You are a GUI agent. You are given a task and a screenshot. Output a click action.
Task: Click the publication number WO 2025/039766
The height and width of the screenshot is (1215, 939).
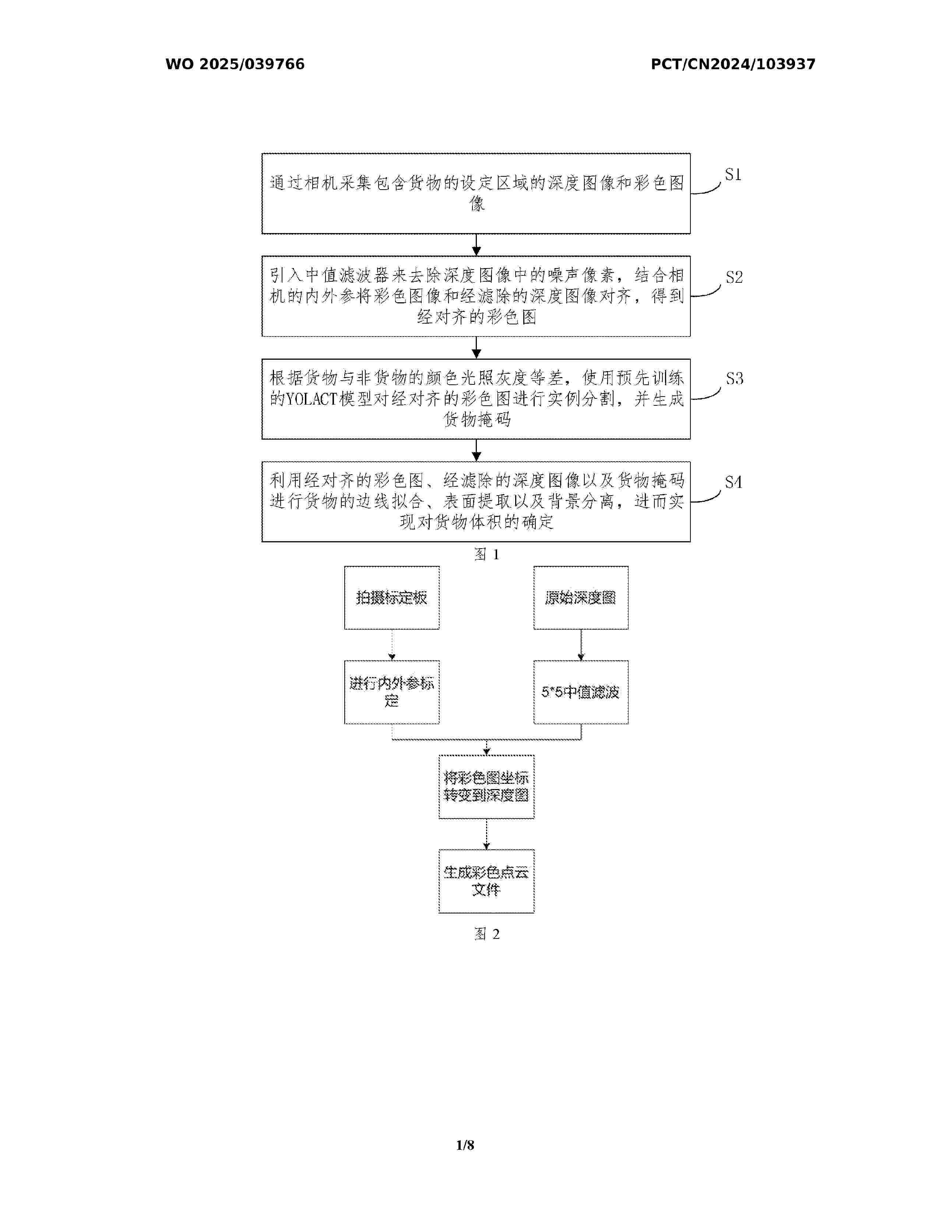[235, 64]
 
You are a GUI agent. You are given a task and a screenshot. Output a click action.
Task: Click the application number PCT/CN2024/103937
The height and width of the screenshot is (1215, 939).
[733, 64]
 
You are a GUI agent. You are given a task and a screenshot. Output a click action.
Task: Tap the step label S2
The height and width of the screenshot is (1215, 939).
[734, 277]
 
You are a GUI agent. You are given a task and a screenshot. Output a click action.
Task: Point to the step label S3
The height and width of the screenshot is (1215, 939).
[734, 379]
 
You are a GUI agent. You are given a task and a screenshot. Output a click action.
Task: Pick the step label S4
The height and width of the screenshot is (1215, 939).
[733, 482]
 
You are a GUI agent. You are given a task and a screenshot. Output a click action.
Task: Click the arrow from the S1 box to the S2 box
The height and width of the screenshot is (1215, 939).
[476, 245]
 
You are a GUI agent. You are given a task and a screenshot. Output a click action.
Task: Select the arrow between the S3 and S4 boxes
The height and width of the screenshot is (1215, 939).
[476, 450]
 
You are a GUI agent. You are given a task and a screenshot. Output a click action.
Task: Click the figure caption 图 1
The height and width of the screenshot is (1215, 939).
[487, 554]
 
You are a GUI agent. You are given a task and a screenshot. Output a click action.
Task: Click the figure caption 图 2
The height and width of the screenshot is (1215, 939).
[487, 934]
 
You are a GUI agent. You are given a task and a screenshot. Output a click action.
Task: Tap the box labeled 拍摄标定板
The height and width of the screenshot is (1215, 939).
[392, 598]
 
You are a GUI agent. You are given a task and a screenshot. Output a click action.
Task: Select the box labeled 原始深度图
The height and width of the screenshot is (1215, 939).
[581, 598]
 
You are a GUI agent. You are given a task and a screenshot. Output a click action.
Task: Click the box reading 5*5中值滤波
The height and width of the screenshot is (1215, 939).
[581, 692]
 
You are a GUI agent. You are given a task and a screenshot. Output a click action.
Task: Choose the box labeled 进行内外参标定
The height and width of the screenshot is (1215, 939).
[392, 692]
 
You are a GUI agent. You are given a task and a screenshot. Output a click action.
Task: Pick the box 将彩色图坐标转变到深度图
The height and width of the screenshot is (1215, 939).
[486, 787]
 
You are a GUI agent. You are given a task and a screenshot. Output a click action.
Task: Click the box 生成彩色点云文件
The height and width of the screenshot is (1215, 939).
[486, 881]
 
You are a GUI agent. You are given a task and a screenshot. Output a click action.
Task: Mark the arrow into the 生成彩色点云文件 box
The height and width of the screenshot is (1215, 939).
[486, 834]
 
